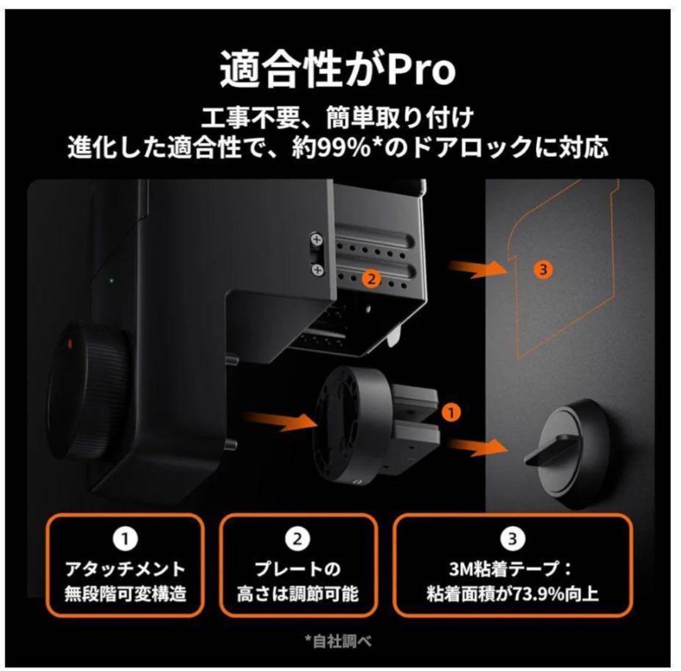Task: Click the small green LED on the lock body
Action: tap(112, 280)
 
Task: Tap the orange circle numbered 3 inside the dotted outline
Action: tap(543, 269)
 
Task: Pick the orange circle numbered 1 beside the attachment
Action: tap(450, 413)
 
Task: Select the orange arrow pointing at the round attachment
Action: tap(278, 420)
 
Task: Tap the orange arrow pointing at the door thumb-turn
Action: tap(483, 447)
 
